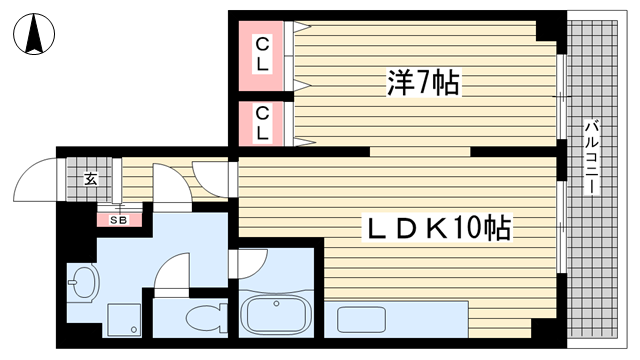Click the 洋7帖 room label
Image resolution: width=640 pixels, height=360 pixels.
tap(423, 83)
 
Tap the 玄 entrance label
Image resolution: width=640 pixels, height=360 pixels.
tap(91, 179)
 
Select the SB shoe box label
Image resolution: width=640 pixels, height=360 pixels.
tap(118, 219)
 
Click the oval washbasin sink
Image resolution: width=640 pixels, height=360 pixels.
tap(84, 282)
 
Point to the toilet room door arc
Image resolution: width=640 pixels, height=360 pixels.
tap(172, 270)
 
